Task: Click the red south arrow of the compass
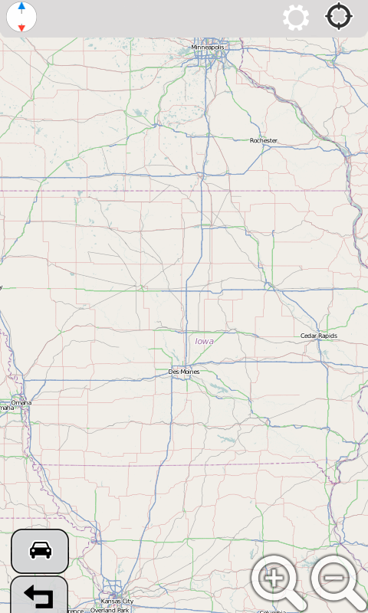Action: [x=21, y=27]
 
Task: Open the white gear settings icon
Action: [x=296, y=18]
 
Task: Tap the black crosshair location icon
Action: [x=340, y=17]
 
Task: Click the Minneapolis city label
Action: [x=208, y=48]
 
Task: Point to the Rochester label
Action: [x=264, y=140]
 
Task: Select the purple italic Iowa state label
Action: [x=204, y=341]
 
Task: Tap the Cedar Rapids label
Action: [x=319, y=336]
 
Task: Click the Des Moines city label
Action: [x=184, y=372]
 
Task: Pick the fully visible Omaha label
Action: [x=21, y=402]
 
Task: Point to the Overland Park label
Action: [x=110, y=610]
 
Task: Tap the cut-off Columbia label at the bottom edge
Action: [x=272, y=611]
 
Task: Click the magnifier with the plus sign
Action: [x=275, y=580]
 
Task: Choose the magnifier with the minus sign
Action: [x=337, y=580]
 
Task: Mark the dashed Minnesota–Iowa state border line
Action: [x=115, y=189]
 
